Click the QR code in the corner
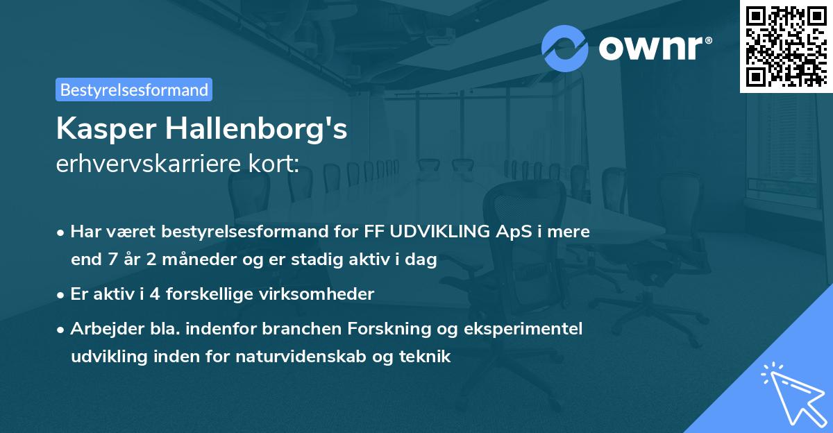786,46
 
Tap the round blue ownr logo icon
565,48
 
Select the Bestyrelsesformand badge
134,90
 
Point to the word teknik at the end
428,357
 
